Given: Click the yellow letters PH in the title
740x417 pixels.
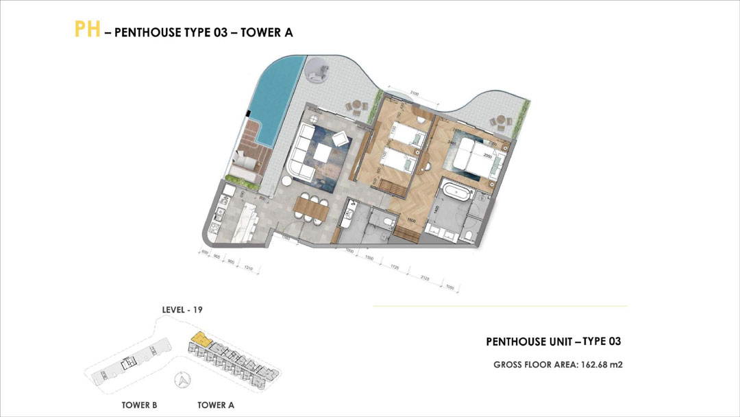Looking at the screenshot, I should (x=88, y=30).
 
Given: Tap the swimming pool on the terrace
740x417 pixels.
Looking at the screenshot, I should (x=277, y=103).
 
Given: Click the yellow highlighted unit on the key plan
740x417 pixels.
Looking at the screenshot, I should (x=200, y=338).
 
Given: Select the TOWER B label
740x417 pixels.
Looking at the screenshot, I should (x=139, y=405).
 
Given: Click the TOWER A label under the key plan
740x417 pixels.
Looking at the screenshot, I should (x=216, y=405).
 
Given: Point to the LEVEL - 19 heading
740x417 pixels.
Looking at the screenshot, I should (x=182, y=310).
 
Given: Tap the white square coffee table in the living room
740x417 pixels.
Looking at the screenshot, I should (x=340, y=139).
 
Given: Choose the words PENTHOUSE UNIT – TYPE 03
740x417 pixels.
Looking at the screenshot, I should (x=553, y=341).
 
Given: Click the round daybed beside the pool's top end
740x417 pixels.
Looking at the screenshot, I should (x=317, y=71).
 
